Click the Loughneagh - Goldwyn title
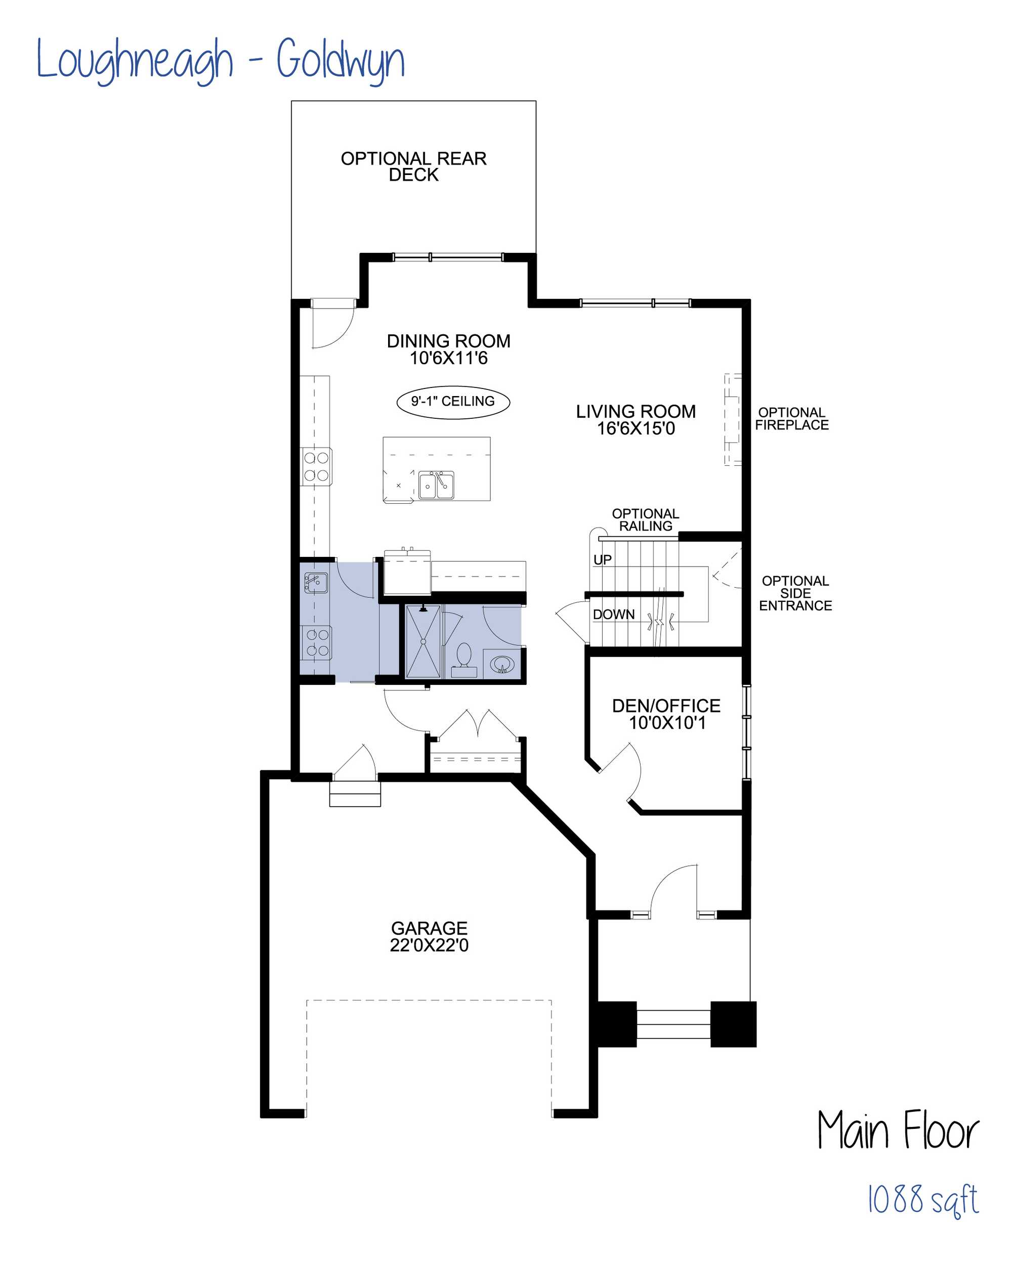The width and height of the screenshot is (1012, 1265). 221,59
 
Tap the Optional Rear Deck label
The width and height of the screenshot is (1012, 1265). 413,166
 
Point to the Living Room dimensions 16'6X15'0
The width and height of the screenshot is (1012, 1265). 636,429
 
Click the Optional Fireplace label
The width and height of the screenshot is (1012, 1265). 792,419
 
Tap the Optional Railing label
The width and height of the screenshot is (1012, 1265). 646,520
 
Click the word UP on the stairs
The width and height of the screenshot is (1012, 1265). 602,560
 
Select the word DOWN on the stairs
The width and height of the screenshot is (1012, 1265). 613,615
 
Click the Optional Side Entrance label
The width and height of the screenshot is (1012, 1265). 795,593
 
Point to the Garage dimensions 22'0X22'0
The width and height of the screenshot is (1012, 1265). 429,945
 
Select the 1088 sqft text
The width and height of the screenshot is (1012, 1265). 923,1199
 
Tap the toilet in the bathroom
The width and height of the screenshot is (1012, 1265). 465,660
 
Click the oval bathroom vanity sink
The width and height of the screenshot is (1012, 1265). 502,665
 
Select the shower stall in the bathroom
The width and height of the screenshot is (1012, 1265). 423,642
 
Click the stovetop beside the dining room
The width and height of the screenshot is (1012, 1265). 316,466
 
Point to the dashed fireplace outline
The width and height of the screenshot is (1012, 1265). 733,419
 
